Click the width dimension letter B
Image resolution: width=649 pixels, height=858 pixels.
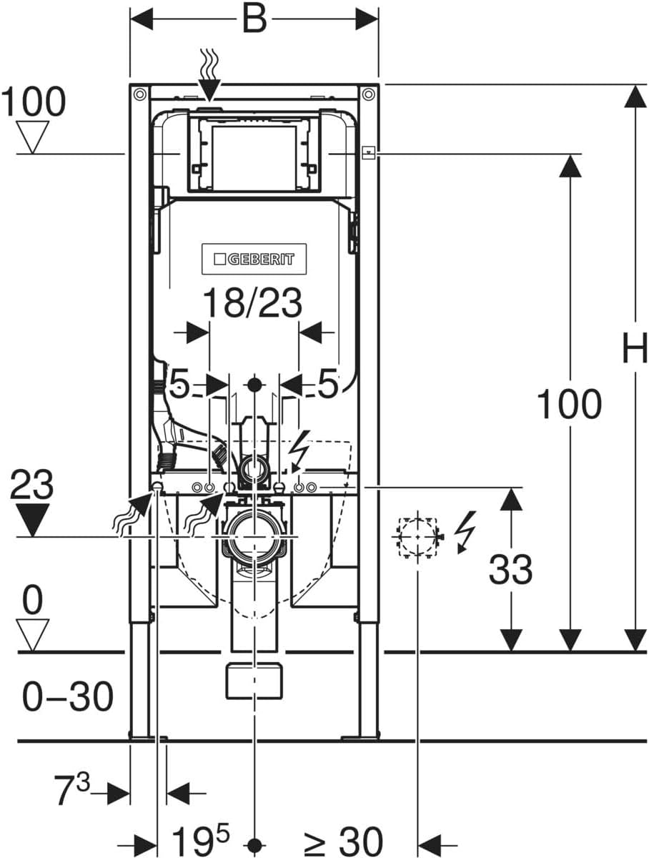click(254, 19)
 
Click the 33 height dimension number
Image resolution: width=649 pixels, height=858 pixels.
click(510, 570)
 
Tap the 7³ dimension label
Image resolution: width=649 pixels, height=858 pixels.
click(73, 792)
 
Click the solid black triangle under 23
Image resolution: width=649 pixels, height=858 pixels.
click(31, 520)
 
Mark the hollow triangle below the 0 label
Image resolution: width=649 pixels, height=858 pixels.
click(32, 633)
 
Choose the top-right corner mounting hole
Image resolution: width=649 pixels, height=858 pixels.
click(368, 94)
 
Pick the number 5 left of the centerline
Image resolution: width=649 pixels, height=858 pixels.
click(179, 385)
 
